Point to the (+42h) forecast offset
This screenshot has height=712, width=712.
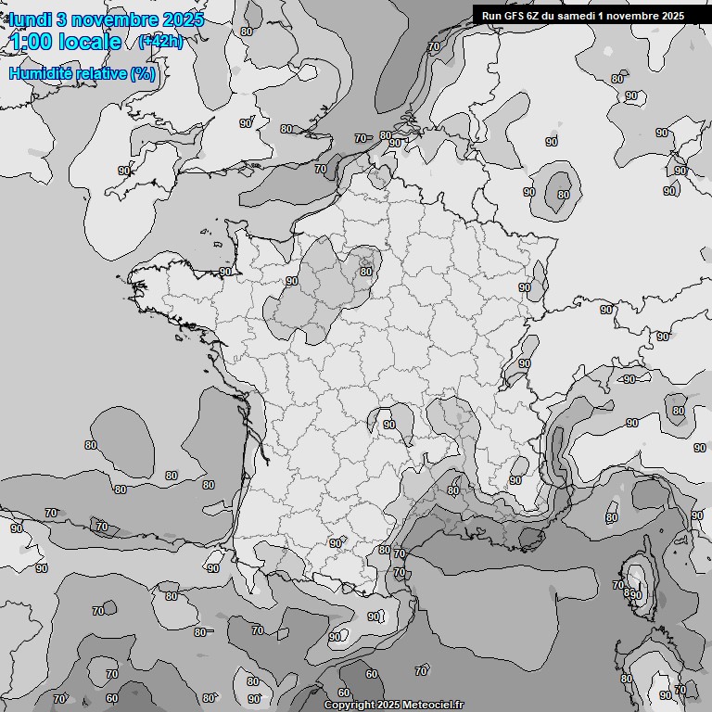(160, 42)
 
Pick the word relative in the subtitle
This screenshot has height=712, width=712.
(103, 73)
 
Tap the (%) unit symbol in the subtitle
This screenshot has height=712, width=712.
(143, 73)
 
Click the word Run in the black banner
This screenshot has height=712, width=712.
(492, 15)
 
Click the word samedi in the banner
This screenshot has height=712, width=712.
(585, 15)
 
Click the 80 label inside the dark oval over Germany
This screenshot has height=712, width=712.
(563, 195)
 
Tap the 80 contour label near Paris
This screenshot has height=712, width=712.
(366, 272)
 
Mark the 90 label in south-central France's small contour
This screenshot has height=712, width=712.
(389, 425)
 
